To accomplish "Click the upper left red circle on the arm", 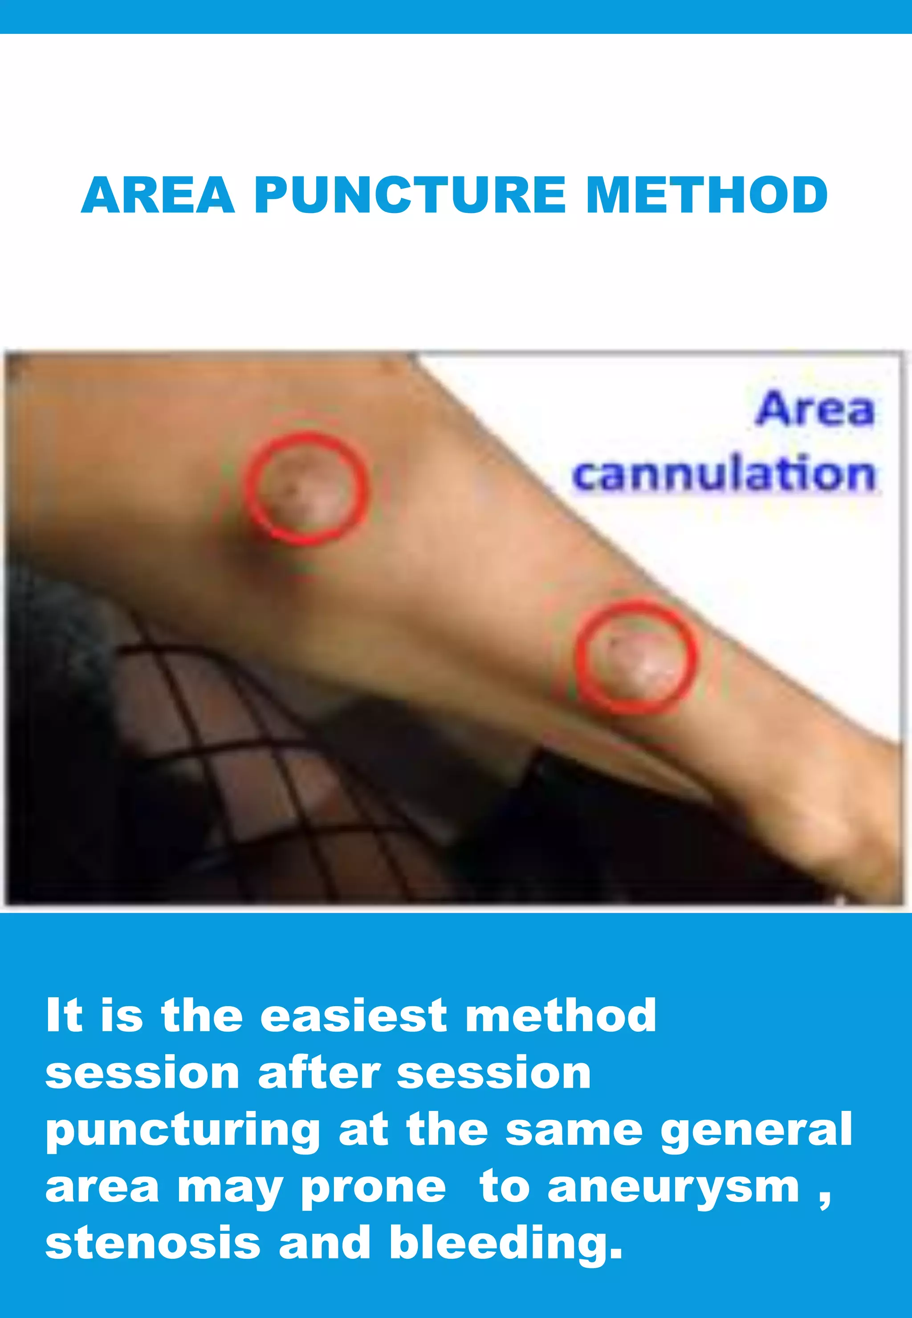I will point(307,488).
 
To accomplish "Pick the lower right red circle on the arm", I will point(636,656).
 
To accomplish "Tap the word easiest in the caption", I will point(353,1016).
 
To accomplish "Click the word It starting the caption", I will point(64,1016).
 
